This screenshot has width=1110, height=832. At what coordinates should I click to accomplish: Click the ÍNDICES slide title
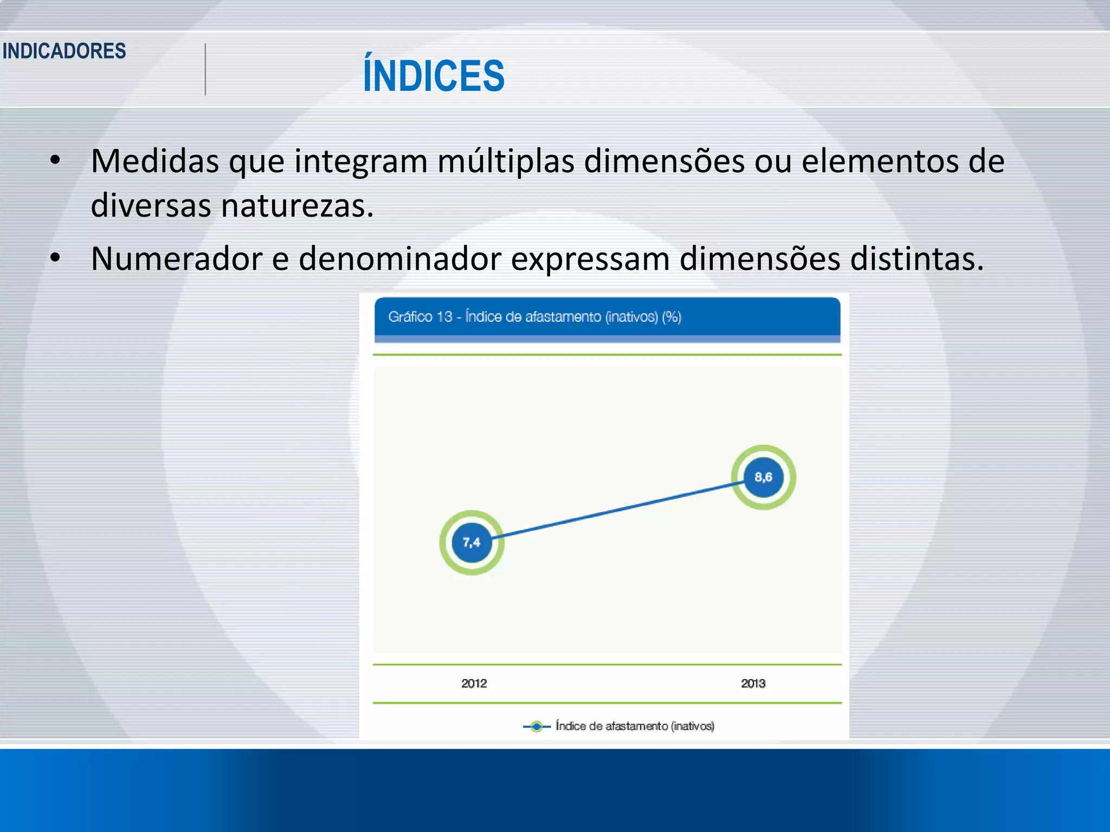point(434,76)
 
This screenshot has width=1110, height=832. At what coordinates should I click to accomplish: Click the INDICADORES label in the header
point(64,51)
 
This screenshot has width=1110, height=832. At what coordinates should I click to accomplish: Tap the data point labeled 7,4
point(472,542)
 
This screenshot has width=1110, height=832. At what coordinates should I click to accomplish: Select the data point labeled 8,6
point(763,477)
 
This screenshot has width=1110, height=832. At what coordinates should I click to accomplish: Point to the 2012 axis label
point(474,684)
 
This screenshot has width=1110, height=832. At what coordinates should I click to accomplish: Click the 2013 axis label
point(753,684)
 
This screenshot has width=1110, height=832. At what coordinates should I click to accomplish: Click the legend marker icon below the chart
point(536,726)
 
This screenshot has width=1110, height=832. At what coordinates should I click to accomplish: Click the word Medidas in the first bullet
point(154,161)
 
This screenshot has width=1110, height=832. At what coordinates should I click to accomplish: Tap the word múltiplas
point(505,161)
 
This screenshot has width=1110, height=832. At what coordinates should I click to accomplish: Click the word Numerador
point(176,258)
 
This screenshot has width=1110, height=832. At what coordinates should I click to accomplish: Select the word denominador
point(399,258)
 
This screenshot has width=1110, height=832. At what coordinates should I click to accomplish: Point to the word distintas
point(916,258)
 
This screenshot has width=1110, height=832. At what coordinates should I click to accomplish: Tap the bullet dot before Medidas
point(55,160)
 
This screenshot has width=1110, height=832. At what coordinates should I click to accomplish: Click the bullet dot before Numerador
point(55,258)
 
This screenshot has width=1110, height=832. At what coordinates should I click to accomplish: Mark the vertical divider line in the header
point(205,69)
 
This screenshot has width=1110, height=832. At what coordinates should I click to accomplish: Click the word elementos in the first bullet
point(880,161)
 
